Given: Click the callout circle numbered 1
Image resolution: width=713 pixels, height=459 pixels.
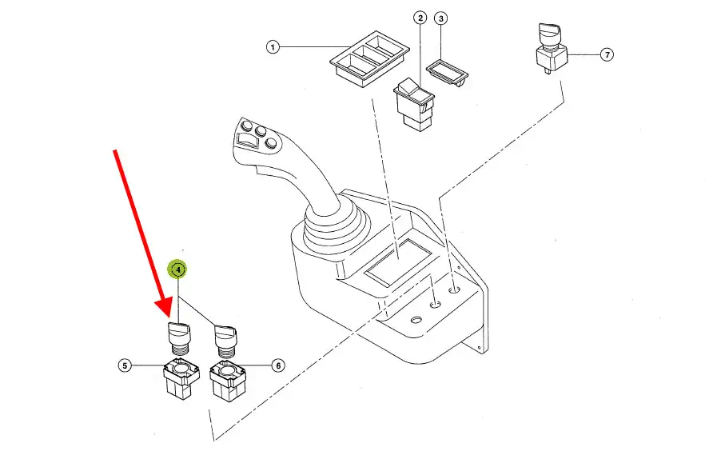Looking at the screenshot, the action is click(273, 47).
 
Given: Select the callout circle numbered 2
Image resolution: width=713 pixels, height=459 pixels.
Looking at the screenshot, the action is click(420, 18).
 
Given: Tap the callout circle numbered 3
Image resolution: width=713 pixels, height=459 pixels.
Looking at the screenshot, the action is click(440, 18).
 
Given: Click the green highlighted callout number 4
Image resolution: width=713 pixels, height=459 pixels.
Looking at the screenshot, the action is click(177, 269).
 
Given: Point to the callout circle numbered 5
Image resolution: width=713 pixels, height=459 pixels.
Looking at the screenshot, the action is click(125, 365).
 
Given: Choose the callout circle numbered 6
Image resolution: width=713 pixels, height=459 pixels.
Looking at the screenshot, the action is click(278, 365).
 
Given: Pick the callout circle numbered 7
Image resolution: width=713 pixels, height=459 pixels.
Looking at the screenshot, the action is click(607, 54).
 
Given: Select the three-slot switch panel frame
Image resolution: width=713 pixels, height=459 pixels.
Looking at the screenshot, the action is click(369, 59).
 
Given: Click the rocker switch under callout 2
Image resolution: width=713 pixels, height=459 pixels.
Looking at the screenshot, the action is click(414, 105).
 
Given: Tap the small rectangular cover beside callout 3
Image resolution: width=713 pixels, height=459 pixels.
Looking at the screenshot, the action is click(448, 73).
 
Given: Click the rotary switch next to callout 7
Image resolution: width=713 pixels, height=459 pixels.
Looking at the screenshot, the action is click(552, 48).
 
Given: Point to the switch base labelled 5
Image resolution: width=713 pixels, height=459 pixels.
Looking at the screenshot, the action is click(181, 378).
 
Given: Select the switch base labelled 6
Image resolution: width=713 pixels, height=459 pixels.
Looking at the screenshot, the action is click(228, 381).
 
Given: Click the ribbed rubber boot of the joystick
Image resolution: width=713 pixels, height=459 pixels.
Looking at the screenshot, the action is click(334, 227).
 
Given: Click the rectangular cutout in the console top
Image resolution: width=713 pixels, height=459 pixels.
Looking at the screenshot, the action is click(397, 262).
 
